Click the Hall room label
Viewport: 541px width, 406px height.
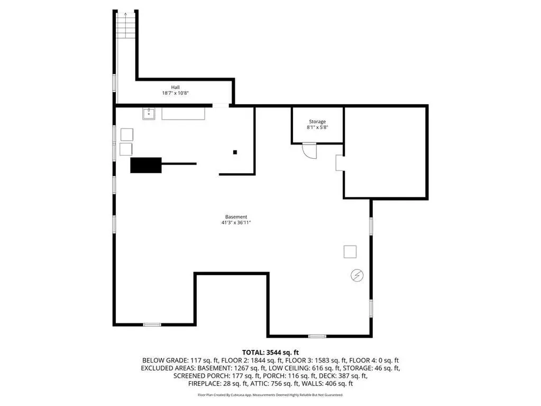[175, 87]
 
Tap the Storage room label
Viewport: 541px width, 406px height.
[317, 122]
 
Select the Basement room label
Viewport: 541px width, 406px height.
[236, 217]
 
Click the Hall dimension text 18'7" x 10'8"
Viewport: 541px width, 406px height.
[175, 93]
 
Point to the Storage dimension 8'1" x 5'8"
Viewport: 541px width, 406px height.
[317, 127]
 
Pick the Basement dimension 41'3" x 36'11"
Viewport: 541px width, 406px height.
[236, 223]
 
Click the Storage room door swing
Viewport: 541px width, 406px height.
[309, 150]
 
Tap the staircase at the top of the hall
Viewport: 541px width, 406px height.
[125, 25]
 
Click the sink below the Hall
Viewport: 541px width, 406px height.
[149, 113]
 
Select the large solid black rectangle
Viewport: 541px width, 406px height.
[146, 165]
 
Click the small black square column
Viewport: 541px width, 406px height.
[235, 152]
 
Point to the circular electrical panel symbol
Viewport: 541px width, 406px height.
[357, 275]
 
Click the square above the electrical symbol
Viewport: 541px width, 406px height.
[350, 251]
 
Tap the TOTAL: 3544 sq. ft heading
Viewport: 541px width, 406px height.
[271, 353]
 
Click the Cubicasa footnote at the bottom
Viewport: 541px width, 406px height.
[271, 394]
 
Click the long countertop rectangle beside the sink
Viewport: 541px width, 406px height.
[183, 114]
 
